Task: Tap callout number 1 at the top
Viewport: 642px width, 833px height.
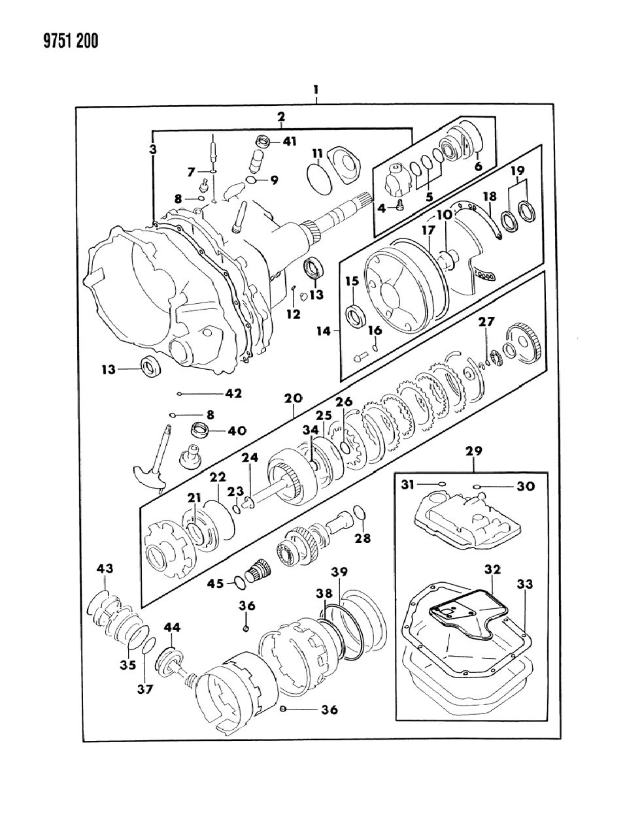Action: [316, 89]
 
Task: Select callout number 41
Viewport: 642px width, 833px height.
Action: [290, 140]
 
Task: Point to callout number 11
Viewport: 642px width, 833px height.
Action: [317, 154]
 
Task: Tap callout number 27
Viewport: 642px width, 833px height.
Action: [486, 322]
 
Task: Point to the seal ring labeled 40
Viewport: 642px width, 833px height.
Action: [199, 431]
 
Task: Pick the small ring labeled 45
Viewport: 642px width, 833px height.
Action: [240, 583]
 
